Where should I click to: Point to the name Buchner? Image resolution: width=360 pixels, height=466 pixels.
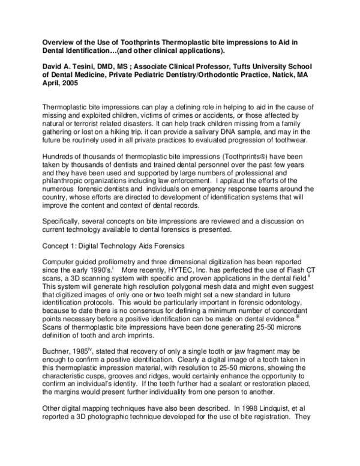click(x=57, y=349)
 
